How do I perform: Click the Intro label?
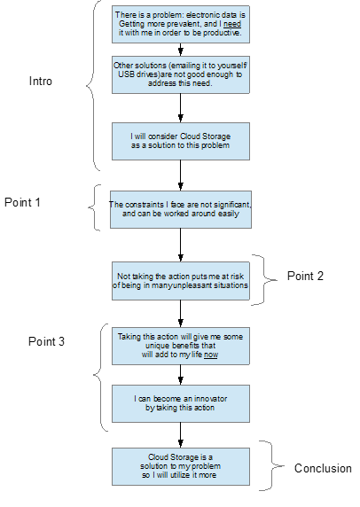[41, 81]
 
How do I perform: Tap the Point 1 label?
[22, 202]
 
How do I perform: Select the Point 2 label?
[305, 276]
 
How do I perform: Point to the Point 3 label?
[46, 341]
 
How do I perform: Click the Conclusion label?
[323, 468]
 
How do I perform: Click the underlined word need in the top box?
[232, 24]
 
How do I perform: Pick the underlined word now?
[211, 355]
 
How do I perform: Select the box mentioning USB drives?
[181, 74]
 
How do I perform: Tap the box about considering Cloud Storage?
[181, 141]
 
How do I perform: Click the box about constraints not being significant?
[181, 209]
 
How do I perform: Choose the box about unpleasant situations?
[181, 281]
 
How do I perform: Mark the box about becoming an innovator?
[181, 403]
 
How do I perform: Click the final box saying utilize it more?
[181, 466]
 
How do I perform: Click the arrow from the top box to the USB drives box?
[181, 50]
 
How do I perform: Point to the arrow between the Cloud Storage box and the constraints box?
[181, 175]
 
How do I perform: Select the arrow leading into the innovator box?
[181, 375]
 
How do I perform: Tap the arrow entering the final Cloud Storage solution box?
[181, 435]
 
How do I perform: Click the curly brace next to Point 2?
[264, 280]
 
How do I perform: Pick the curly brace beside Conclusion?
[271, 466]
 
